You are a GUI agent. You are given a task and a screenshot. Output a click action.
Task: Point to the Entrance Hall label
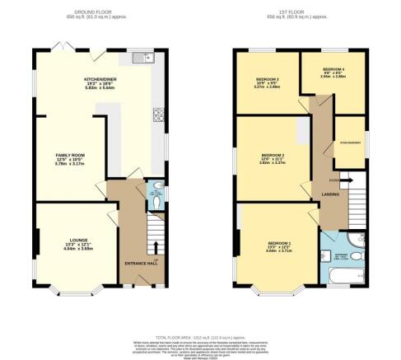(136, 263)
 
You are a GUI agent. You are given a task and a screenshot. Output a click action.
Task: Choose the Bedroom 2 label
(273, 155)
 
